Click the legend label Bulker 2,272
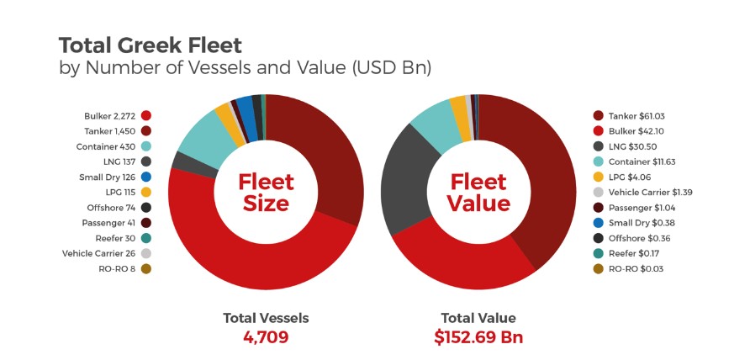coord(110,116)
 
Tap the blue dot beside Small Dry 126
coord(146,177)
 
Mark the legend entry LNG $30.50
coord(631,146)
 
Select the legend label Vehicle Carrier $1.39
coord(651,193)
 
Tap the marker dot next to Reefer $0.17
coord(598,254)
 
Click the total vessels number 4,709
coord(266,337)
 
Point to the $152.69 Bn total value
coord(478,337)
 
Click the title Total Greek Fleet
coord(151,45)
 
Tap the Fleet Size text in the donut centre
coord(266,193)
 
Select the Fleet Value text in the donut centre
coord(478,193)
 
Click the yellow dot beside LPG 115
coord(146,193)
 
